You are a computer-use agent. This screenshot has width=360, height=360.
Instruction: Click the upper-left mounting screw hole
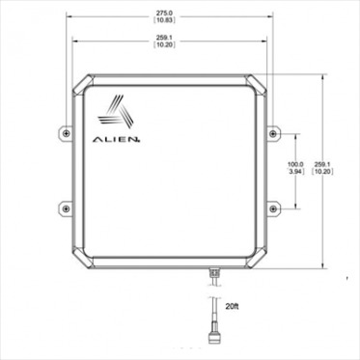pos(65,131)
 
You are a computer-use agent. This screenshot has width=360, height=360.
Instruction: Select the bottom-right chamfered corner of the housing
pos(257,261)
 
